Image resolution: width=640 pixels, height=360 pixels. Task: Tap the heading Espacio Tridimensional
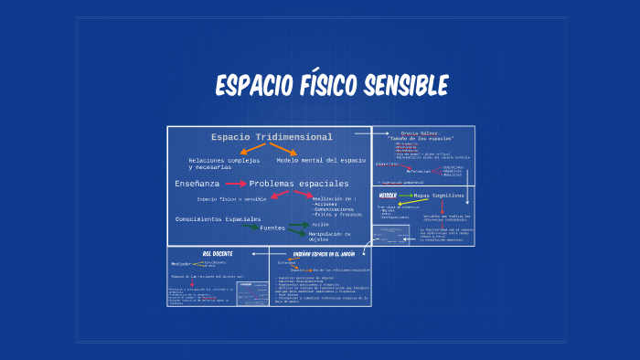[259, 137]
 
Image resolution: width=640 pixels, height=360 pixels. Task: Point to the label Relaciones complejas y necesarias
[224, 164]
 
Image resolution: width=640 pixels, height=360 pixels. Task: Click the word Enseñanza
[197, 184]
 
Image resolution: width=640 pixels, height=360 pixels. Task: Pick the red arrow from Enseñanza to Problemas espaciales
[235, 184]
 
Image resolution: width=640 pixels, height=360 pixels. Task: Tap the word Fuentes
[272, 228]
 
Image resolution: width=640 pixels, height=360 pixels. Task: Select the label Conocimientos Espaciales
[218, 219]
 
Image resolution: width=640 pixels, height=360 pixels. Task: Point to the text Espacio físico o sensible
[231, 199]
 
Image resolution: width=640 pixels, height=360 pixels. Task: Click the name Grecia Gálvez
[420, 132]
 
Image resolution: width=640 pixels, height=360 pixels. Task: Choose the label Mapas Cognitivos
[439, 196]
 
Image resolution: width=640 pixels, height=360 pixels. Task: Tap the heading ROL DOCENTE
[218, 252]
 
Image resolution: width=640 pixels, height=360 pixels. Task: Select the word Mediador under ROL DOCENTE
[180, 264]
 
